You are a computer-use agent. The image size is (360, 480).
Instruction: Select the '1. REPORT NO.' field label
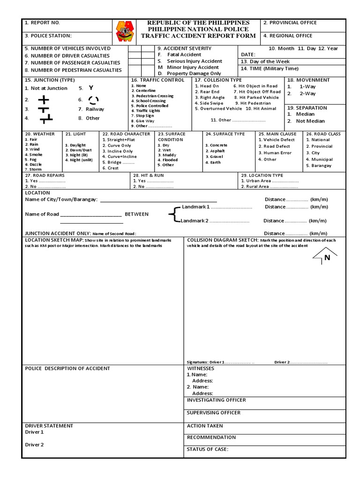pos(43,22)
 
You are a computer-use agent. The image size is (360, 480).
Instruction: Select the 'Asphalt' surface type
pos(217,151)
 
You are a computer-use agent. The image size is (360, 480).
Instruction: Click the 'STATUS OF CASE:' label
pos(208,449)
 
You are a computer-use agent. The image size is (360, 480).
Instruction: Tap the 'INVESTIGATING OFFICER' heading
pos(216,400)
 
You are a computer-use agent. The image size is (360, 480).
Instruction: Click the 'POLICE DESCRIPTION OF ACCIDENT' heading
pos(67,368)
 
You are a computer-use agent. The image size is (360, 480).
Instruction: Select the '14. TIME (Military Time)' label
pos(270,68)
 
